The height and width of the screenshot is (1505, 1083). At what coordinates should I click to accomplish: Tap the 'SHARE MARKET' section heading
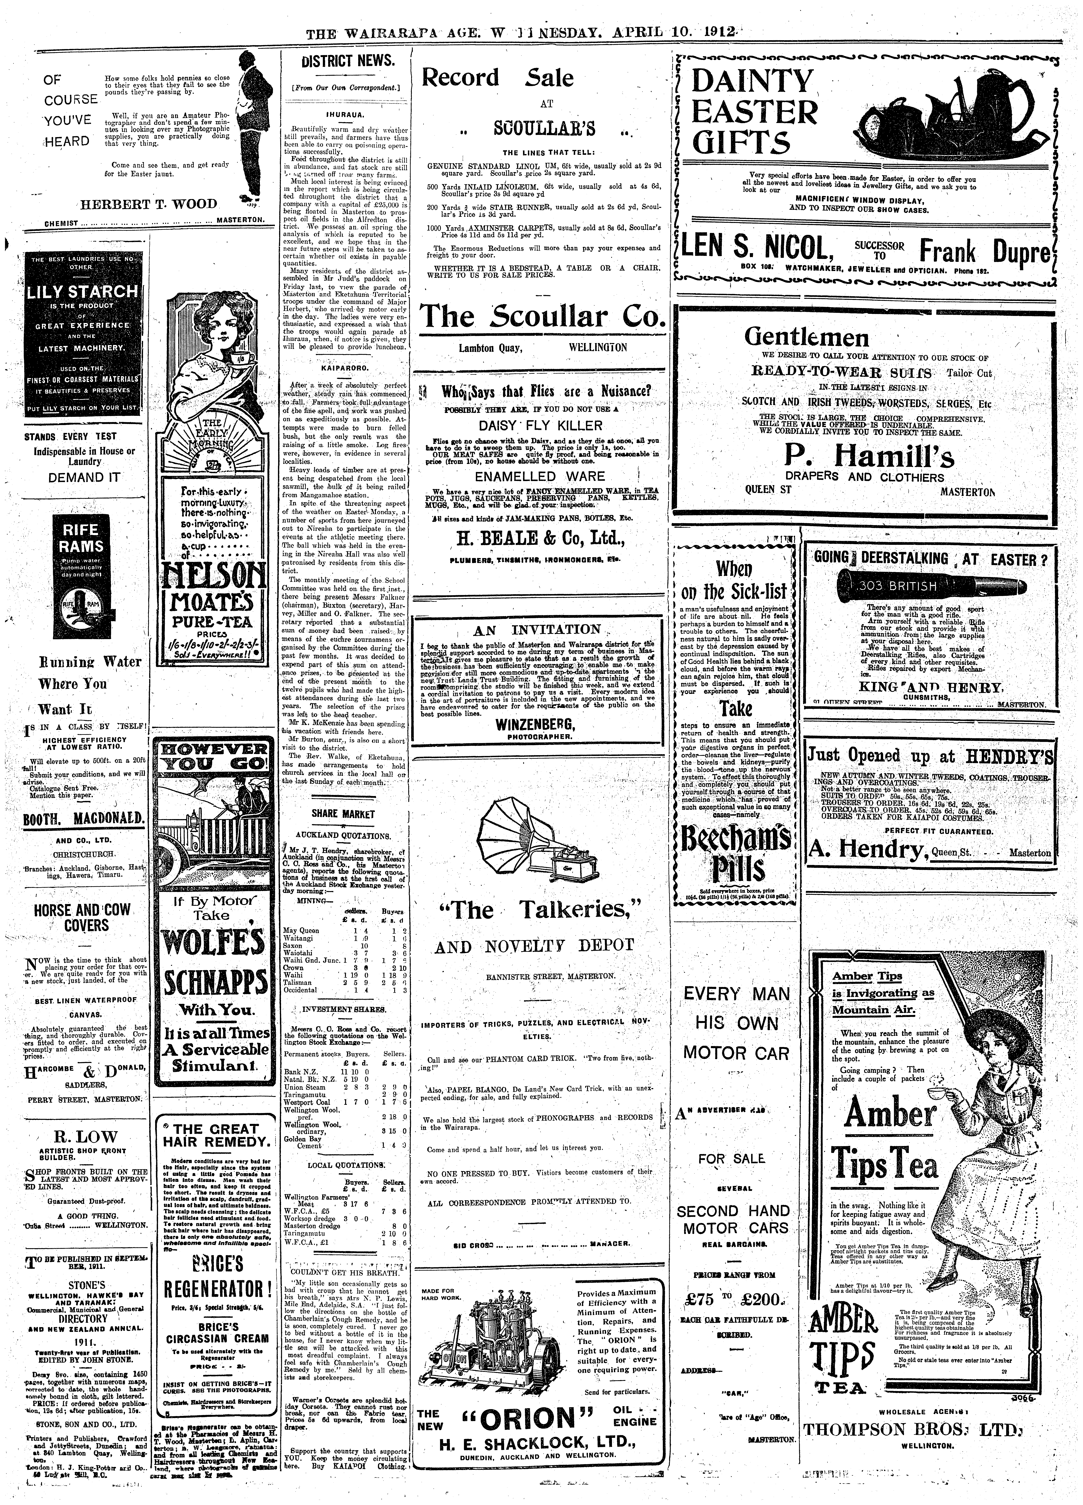click(x=343, y=814)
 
